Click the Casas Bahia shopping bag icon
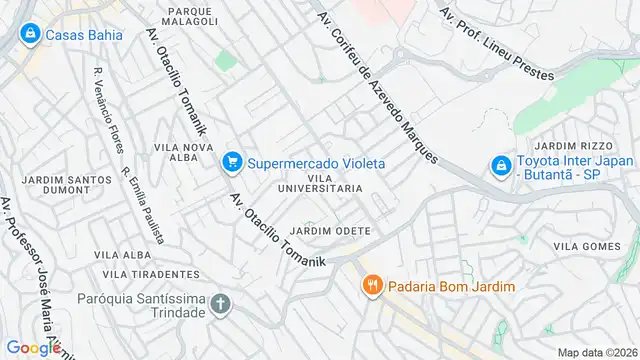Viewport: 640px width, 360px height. pos(30,35)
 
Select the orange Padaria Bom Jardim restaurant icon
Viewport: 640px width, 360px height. pos(373,287)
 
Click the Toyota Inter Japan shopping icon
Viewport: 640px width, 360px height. pos(499,165)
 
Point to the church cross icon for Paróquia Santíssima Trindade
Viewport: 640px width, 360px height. pos(220,303)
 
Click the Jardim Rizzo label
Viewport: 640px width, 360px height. pos(571,145)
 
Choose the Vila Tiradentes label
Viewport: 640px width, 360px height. pos(151,274)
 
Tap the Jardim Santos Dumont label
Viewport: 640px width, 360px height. pos(59,186)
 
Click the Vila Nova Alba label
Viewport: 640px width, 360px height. pos(184,152)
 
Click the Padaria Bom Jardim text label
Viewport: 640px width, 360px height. pos(453,287)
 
